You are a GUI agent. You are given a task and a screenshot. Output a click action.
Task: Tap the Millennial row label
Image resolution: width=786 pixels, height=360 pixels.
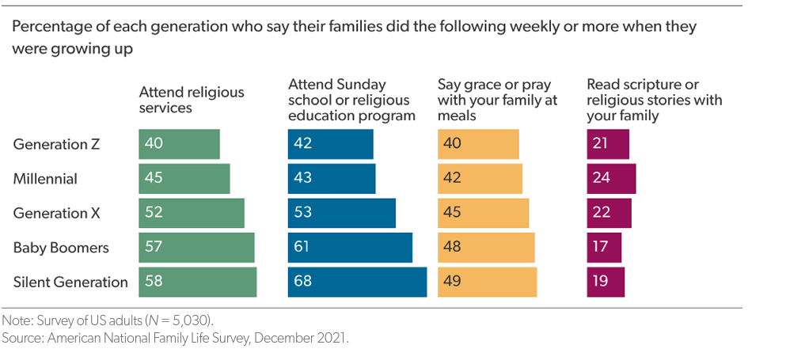45,179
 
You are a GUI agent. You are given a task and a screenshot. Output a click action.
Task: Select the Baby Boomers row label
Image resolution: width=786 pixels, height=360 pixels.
61,248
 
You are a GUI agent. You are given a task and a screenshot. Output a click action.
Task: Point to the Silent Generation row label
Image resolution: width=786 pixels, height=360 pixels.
70,282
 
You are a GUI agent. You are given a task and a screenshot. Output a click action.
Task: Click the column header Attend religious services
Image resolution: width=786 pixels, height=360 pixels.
192,100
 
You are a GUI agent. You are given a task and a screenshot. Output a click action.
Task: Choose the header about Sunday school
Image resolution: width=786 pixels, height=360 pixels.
351,100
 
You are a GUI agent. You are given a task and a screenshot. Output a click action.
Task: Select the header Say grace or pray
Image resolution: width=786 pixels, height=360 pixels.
497,100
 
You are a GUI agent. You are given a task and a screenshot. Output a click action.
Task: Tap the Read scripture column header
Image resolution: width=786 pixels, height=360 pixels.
654,100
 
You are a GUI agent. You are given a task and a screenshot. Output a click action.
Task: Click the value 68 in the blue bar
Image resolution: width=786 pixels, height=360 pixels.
303,282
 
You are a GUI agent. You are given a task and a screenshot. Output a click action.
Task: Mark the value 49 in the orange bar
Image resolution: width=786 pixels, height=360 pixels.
452,282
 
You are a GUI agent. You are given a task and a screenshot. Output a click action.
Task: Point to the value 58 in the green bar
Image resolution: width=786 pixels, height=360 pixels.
154,282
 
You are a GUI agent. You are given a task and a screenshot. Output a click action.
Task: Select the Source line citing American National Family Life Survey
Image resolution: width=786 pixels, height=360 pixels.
175,338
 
